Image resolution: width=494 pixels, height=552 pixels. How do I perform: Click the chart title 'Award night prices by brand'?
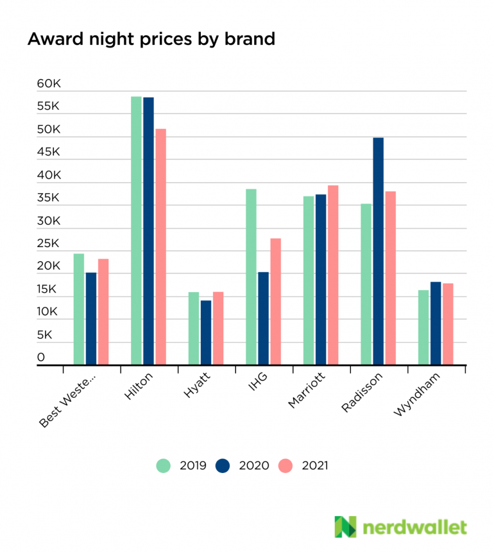click(151, 39)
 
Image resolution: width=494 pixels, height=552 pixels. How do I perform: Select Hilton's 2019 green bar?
click(136, 231)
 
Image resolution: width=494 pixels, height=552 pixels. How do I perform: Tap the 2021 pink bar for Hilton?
click(160, 247)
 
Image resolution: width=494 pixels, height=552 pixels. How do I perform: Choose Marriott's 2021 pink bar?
click(333, 275)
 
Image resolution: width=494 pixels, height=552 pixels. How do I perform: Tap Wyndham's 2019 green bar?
click(423, 328)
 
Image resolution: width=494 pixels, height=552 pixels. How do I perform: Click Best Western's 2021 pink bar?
click(103, 312)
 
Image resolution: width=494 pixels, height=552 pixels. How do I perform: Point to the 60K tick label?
click(49, 84)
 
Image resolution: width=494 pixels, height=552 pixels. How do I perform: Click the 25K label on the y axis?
click(49, 244)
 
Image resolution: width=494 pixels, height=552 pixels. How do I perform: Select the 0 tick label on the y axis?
click(41, 358)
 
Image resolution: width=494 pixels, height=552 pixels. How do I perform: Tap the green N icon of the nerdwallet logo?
click(345, 527)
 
